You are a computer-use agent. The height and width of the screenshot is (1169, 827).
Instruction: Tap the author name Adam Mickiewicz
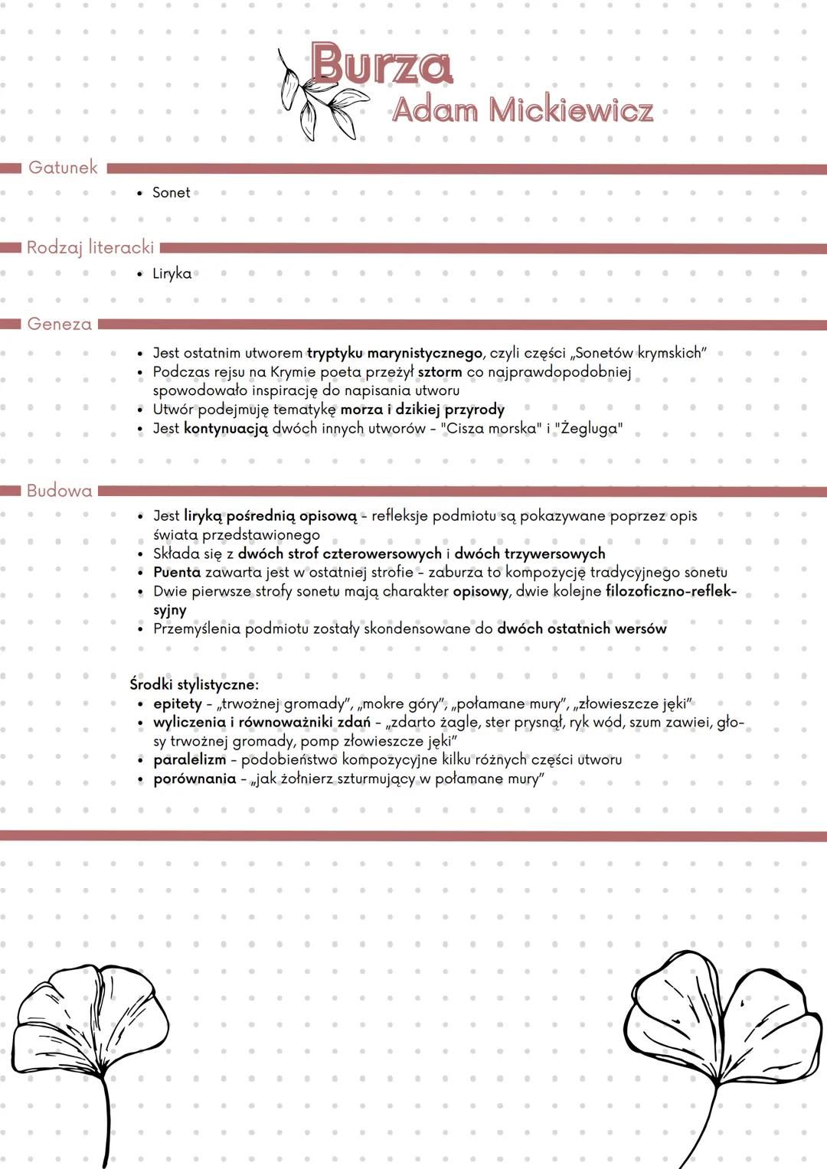click(x=522, y=110)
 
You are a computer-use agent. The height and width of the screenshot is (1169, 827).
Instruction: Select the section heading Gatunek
click(x=63, y=167)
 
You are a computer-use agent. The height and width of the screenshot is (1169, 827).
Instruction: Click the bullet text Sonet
click(x=171, y=193)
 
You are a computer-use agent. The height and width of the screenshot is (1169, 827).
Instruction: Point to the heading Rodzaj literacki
click(x=90, y=247)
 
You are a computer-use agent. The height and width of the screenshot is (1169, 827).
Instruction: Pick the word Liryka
click(x=172, y=273)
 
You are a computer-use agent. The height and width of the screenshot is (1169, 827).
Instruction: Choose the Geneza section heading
click(x=59, y=324)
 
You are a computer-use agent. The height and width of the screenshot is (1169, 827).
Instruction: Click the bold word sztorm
click(x=440, y=372)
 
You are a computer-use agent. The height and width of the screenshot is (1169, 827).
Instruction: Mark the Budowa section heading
click(x=59, y=491)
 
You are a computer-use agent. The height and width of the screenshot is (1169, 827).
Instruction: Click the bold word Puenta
click(x=177, y=572)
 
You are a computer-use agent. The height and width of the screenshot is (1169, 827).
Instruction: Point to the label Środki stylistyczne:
click(x=194, y=684)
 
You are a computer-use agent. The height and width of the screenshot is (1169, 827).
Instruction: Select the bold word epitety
click(x=178, y=704)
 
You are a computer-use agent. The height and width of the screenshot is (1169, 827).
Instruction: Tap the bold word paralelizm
click(x=189, y=759)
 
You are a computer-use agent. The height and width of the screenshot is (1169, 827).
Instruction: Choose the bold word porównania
click(x=194, y=779)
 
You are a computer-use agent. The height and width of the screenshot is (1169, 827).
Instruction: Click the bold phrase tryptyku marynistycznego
click(x=394, y=353)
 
